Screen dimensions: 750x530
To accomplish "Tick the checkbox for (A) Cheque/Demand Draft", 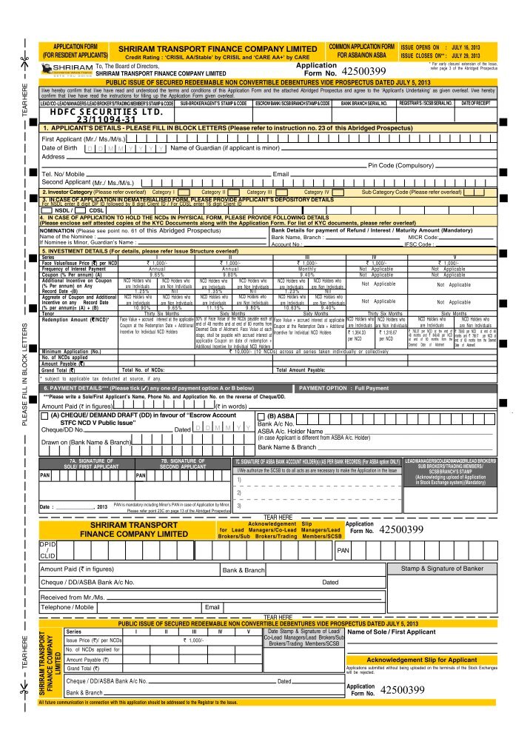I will click(45, 416).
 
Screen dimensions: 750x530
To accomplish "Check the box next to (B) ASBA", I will click(261, 416).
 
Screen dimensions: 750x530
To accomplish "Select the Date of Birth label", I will click(59, 148).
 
